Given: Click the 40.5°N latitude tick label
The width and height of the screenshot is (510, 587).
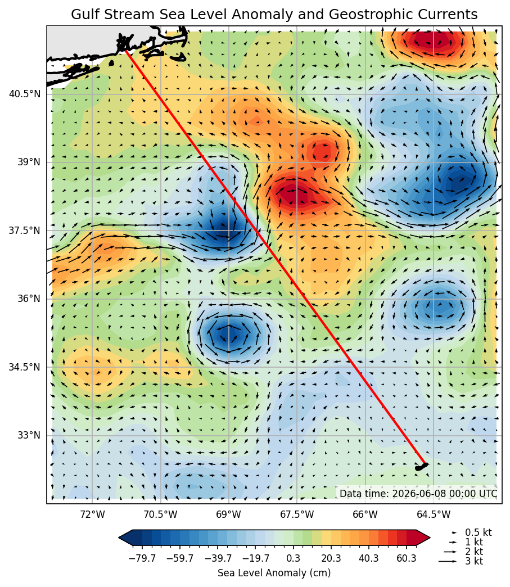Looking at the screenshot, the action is pyautogui.click(x=24, y=93).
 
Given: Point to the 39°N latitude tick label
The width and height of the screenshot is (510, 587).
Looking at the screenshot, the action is pyautogui.click(x=28, y=162).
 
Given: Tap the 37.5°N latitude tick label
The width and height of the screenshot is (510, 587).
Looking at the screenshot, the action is pyautogui.click(x=24, y=230).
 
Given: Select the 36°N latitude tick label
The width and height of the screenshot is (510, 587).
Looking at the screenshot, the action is pyautogui.click(x=28, y=299).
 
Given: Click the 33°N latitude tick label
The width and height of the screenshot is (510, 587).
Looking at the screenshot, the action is pyautogui.click(x=28, y=435).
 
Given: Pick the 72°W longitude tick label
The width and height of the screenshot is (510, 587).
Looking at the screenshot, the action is pyautogui.click(x=92, y=514).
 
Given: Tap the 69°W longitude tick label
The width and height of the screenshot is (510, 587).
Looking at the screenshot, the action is pyautogui.click(x=229, y=514).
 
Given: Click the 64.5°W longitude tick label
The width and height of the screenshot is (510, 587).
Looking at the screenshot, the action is pyautogui.click(x=434, y=514).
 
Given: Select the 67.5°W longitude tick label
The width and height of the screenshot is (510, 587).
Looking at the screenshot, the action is pyautogui.click(x=297, y=514).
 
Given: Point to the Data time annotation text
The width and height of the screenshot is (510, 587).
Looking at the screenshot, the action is pyautogui.click(x=418, y=494).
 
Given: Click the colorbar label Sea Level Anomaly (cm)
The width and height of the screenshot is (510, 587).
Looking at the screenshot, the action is pyautogui.click(x=274, y=573).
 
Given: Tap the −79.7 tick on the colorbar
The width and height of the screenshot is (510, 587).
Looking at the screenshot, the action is pyautogui.click(x=142, y=558).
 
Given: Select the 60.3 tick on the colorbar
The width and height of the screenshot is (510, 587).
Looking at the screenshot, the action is pyautogui.click(x=407, y=558).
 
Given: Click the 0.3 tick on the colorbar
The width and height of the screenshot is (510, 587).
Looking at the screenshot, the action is pyautogui.click(x=293, y=558).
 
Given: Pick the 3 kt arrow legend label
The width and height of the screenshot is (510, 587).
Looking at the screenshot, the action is pyautogui.click(x=474, y=561).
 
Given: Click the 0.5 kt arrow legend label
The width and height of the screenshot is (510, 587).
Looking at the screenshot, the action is pyautogui.click(x=478, y=532).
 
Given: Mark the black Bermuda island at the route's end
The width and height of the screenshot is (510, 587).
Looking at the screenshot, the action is pyautogui.click(x=421, y=467).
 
